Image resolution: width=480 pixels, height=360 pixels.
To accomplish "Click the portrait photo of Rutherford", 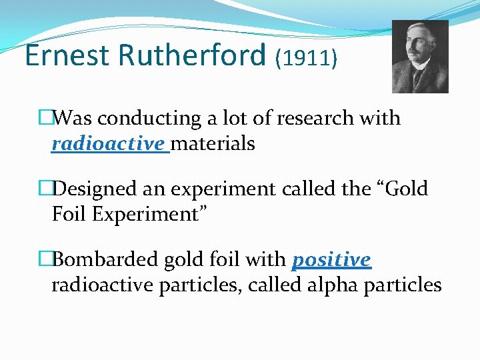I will [420, 57].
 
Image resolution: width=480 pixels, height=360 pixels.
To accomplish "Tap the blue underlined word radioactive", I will [107, 143].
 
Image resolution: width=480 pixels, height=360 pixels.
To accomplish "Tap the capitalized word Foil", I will [67, 214].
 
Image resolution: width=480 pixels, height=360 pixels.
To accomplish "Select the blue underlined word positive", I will [331, 260].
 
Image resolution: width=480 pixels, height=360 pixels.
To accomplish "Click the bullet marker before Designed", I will [45, 189].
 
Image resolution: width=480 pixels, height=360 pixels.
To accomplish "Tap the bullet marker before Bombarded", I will [45, 259].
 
